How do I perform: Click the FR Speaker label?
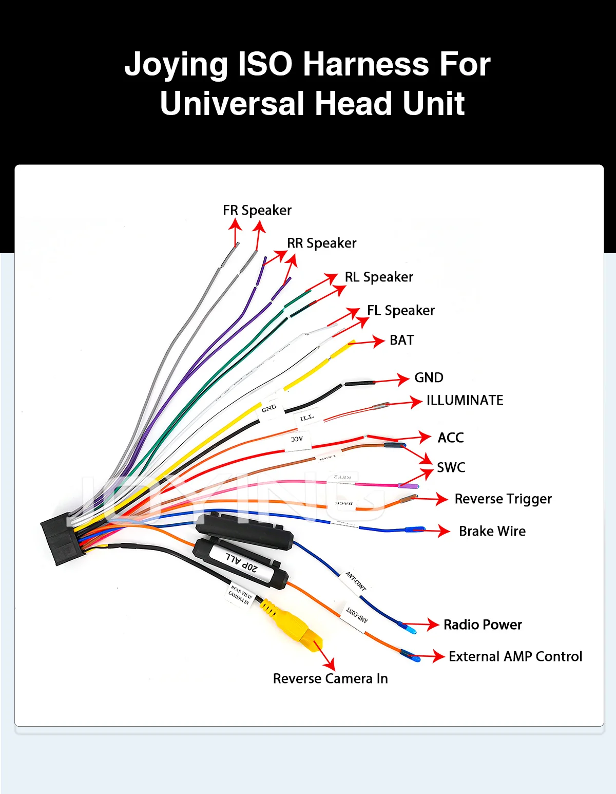click(x=257, y=210)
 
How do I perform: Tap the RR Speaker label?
click(x=321, y=243)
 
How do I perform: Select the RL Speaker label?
click(x=379, y=277)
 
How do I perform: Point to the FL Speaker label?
click(x=401, y=310)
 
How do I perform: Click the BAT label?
click(x=401, y=340)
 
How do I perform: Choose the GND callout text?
click(x=429, y=377)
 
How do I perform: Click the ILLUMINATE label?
click(x=465, y=400)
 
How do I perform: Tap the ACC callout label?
click(x=450, y=438)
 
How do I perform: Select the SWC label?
click(x=451, y=467)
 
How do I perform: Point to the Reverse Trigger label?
click(x=503, y=499)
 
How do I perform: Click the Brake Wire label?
click(x=492, y=531)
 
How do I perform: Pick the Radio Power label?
click(x=483, y=625)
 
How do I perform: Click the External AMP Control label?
click(x=515, y=656)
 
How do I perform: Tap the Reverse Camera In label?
click(x=330, y=678)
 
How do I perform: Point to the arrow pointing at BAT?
click(x=369, y=342)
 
